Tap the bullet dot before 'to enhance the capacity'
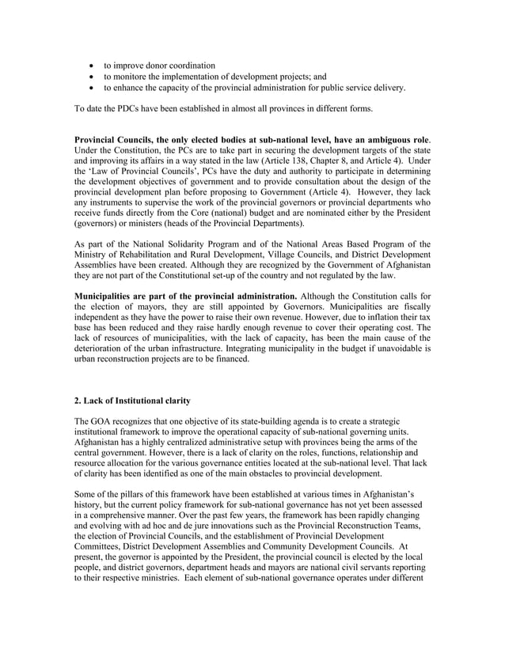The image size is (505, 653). tap(95, 88)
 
